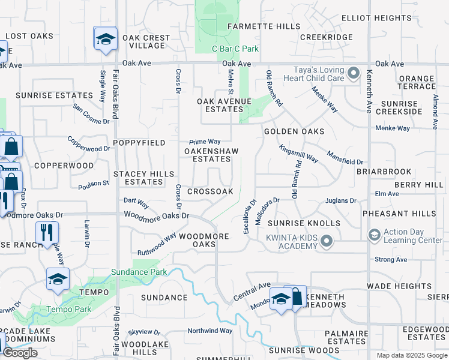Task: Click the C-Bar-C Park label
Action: pos(235,49)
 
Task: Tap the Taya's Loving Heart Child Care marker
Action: pos(354,74)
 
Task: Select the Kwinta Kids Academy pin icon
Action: pos(327,241)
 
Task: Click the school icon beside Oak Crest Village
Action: pos(106,39)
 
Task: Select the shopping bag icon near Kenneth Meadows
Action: pos(297,297)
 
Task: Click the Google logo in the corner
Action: pos(20,353)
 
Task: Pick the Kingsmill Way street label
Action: pos(298,154)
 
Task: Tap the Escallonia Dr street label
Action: pos(250,217)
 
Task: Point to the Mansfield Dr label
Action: pos(345,158)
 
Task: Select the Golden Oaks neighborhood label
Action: pos(294,131)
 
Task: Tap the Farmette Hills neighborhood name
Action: pos(263,27)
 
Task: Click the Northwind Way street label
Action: pos(209,331)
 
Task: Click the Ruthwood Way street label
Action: pos(157,244)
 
